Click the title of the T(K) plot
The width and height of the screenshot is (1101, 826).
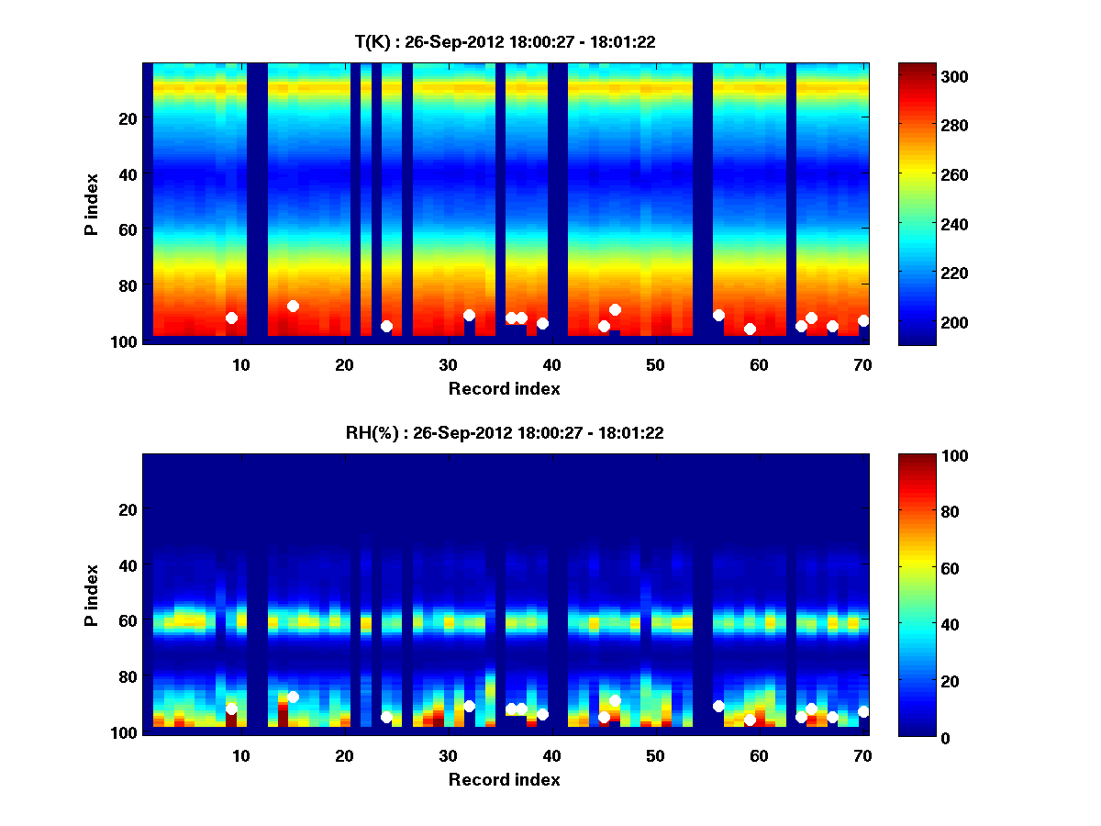(505, 41)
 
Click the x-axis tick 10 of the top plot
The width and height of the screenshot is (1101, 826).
(240, 364)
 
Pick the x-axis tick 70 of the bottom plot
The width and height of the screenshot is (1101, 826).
(862, 755)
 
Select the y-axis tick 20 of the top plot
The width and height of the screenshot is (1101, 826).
(128, 118)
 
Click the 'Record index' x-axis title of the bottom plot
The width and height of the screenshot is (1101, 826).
(505, 779)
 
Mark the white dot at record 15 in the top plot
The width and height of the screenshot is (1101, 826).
(293, 306)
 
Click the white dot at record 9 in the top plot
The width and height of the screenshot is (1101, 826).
(231, 318)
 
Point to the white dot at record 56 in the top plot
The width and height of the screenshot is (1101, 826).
(718, 315)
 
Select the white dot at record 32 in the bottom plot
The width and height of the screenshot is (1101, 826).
(469, 706)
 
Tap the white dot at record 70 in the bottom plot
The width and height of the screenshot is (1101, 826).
(863, 711)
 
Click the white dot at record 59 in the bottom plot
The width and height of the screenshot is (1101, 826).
(750, 720)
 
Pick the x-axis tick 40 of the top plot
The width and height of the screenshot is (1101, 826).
(551, 364)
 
